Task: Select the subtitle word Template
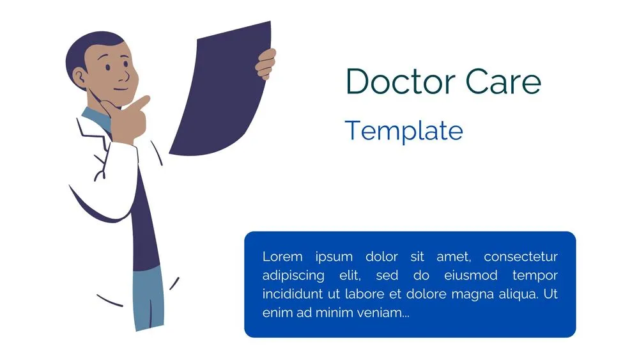403,130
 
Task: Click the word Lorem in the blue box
282,257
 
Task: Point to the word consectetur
520,257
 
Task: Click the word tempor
535,276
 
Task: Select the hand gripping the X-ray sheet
266,64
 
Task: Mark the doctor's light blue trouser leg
148,297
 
